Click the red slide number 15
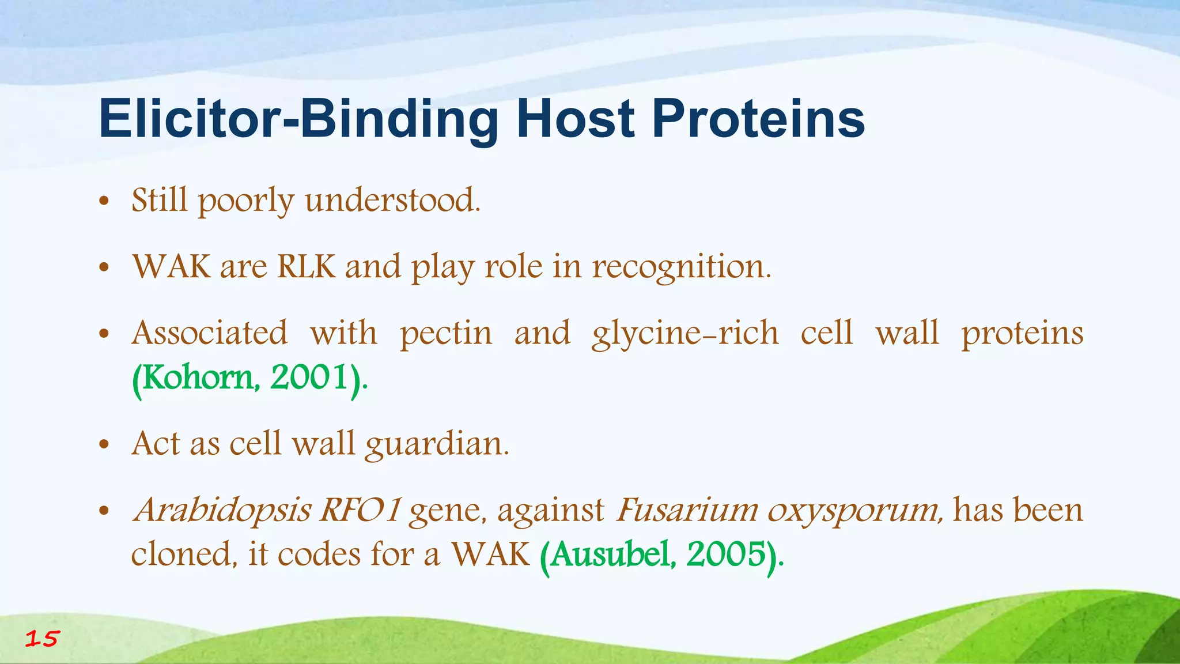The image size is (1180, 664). pyautogui.click(x=42, y=639)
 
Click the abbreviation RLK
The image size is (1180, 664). pyautogui.click(x=306, y=266)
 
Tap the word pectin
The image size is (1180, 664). pyautogui.click(x=446, y=333)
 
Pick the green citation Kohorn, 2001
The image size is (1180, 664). pyautogui.click(x=249, y=378)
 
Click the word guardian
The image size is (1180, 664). pyautogui.click(x=437, y=444)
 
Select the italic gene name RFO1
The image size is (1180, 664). pyautogui.click(x=360, y=510)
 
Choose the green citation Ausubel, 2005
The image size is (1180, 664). pyautogui.click(x=661, y=555)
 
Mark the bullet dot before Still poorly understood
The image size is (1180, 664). pyautogui.click(x=104, y=202)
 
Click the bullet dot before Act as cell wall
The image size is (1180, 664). pyautogui.click(x=104, y=445)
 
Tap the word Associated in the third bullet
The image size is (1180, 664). pyautogui.click(x=209, y=333)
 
